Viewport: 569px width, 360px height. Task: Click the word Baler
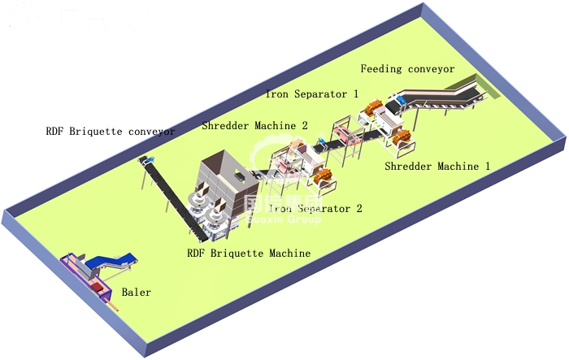point(136,291)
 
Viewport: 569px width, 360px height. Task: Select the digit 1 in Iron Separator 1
point(355,94)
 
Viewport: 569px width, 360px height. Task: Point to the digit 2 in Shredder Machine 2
point(304,126)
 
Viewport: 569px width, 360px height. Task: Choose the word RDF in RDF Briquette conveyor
point(56,131)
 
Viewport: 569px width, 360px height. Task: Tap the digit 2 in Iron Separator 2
point(358,208)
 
